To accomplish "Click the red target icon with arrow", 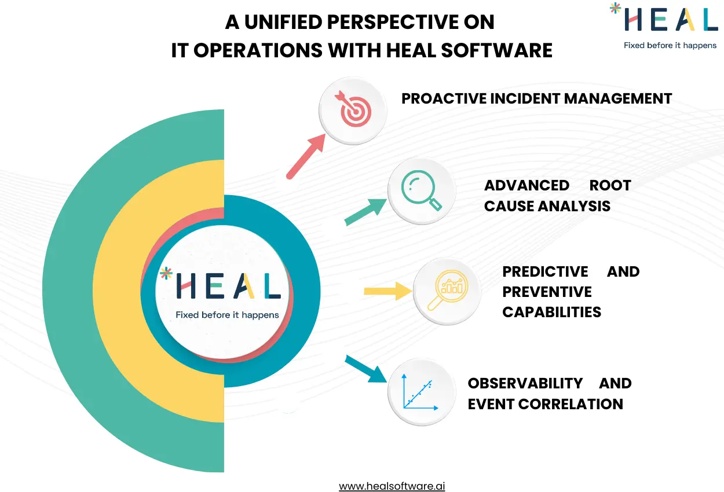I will (x=353, y=111).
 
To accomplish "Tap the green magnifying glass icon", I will (x=421, y=192).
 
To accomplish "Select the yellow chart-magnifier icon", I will (x=447, y=291).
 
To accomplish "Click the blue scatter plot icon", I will (x=421, y=391).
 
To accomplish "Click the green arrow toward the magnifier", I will (x=366, y=212).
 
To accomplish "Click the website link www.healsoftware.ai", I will (x=392, y=486).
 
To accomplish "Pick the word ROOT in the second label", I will (x=610, y=185).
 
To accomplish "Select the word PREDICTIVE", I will (x=545, y=271).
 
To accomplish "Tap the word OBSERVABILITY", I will (x=525, y=383).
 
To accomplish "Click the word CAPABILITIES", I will (x=551, y=312).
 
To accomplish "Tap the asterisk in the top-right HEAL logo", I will (x=613, y=8).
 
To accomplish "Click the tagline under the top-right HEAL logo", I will (x=670, y=45).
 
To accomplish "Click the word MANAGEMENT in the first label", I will (x=617, y=98).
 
